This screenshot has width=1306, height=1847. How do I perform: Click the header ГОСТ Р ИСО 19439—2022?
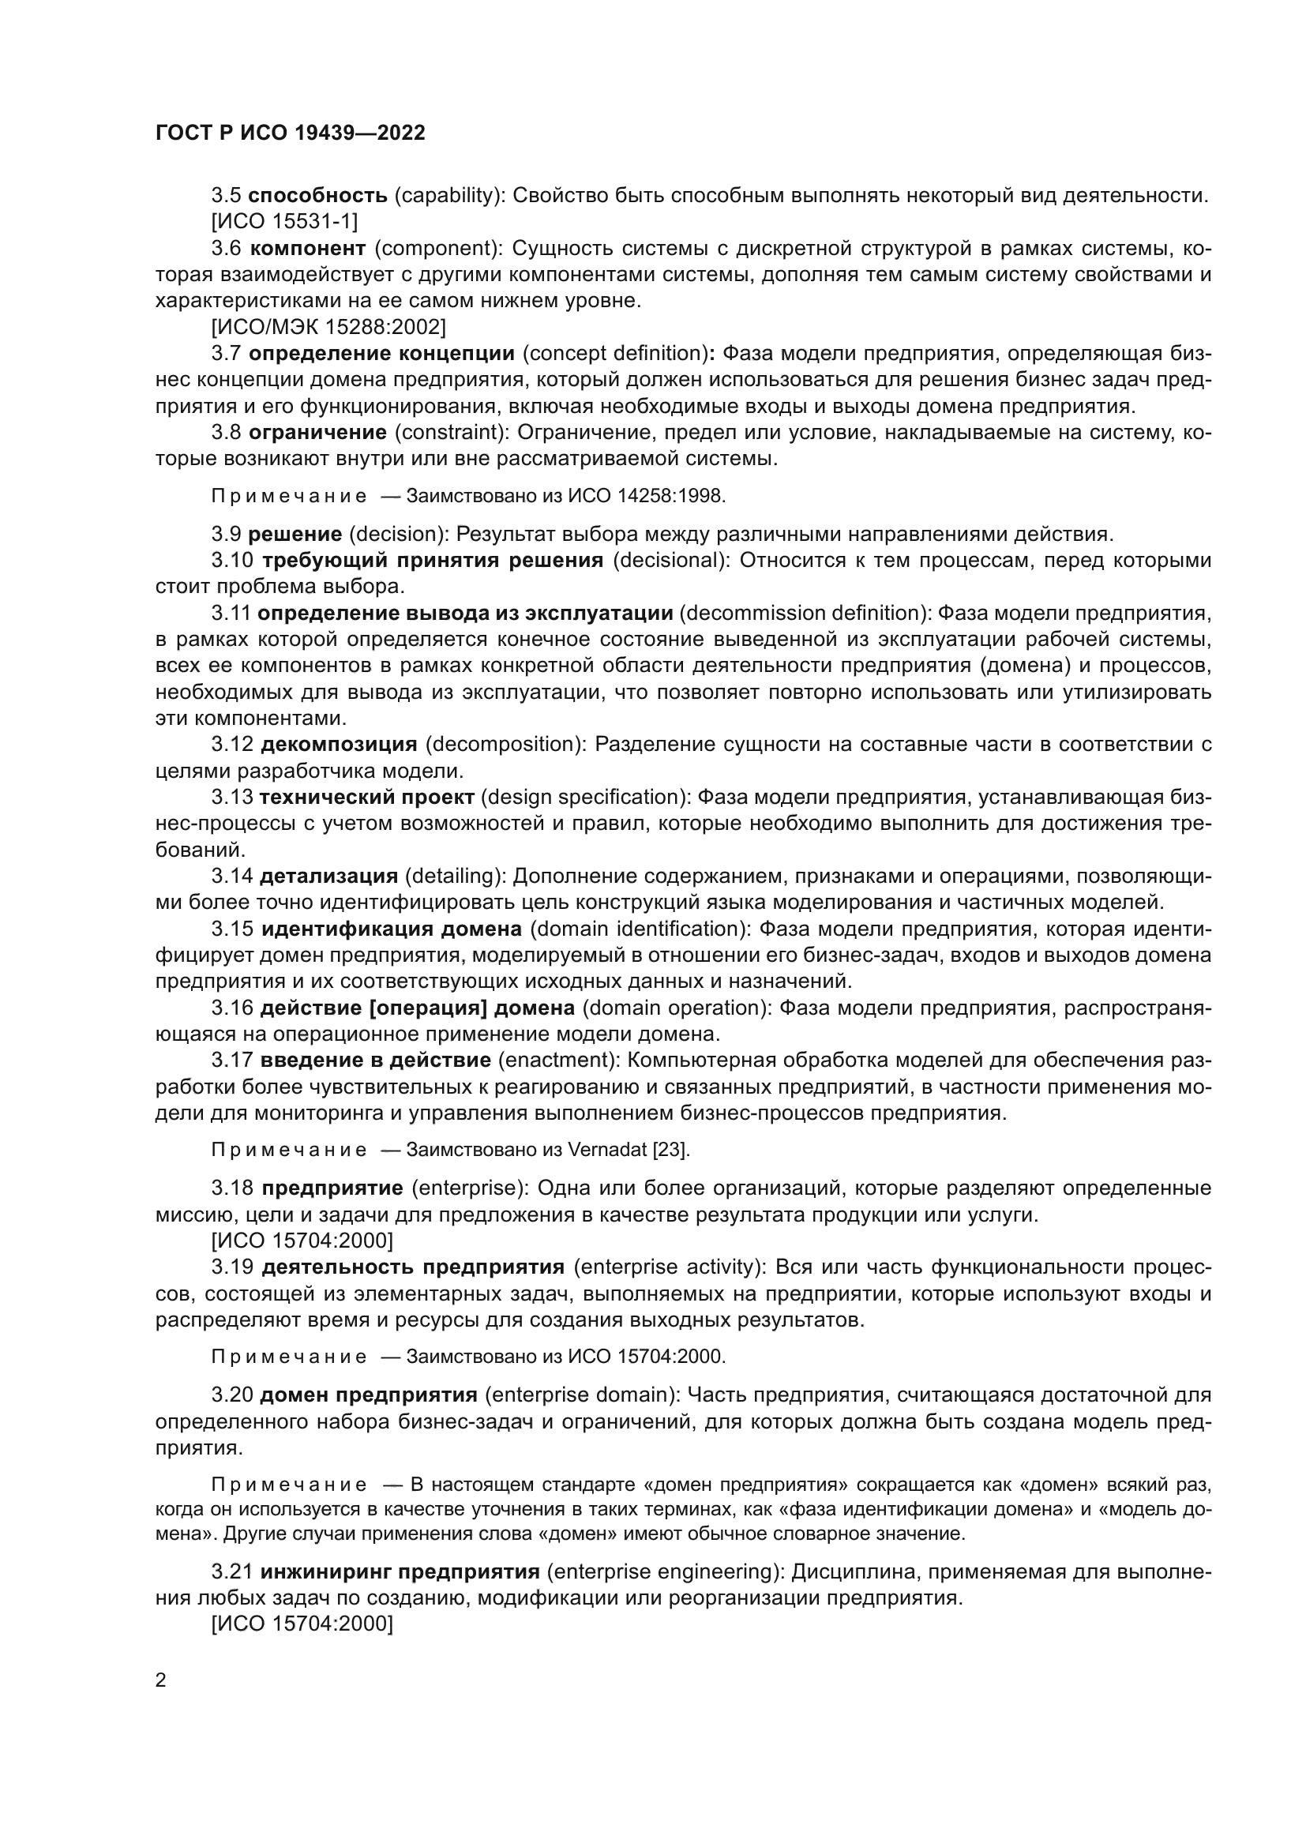coord(291,133)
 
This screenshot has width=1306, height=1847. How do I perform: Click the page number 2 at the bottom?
coord(161,1680)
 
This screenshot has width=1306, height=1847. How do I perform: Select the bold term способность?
coord(317,196)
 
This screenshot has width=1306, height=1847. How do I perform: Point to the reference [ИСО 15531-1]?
coord(285,221)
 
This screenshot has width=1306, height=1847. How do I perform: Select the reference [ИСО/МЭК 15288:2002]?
coord(328,328)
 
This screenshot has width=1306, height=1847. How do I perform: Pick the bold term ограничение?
coord(317,433)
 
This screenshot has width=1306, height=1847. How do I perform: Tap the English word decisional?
coord(670,561)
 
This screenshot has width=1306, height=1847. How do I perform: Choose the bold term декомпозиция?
coord(339,745)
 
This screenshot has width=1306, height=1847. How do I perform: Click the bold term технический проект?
coord(366,798)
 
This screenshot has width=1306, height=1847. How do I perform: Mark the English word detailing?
coord(452,876)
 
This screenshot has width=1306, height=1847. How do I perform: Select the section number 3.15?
coord(232,929)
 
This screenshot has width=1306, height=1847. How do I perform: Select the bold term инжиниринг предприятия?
coord(400,1572)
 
